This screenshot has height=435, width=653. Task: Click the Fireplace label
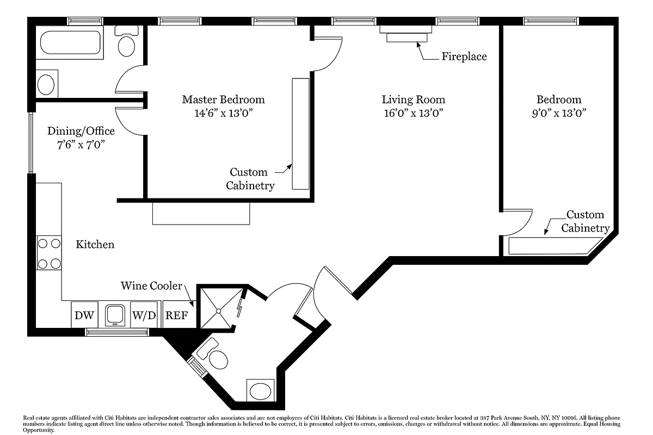pyautogui.click(x=464, y=57)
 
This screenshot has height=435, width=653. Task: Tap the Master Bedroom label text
pyautogui.click(x=223, y=100)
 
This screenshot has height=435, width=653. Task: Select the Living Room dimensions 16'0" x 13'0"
pyautogui.click(x=413, y=113)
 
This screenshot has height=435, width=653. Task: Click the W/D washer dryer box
pyautogui.click(x=144, y=315)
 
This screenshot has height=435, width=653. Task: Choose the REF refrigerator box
pyautogui.click(x=176, y=315)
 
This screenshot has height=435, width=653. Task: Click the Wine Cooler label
pyautogui.click(x=151, y=286)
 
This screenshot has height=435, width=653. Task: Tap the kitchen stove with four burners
pyautogui.click(x=49, y=253)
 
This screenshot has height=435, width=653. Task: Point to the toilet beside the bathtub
pyautogui.click(x=127, y=43)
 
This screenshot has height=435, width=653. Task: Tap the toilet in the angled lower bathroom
pyautogui.click(x=217, y=357)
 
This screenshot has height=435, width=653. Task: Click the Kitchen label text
pyautogui.click(x=95, y=244)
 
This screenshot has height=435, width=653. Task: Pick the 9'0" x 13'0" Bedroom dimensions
pyautogui.click(x=559, y=113)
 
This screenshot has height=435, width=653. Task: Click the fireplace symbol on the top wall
pyautogui.click(x=406, y=33)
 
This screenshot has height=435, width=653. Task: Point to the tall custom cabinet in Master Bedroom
pyautogui.click(x=300, y=134)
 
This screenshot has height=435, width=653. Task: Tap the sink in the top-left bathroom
pyautogui.click(x=46, y=85)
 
